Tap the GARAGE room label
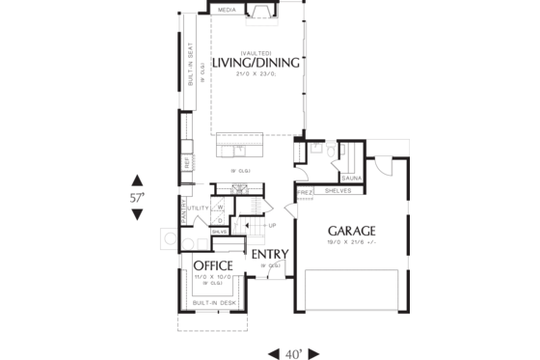(x=351, y=231)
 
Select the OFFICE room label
(x=212, y=265)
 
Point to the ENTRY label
(x=271, y=255)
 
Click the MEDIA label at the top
(x=227, y=10)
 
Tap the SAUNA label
(x=351, y=178)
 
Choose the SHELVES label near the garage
(x=337, y=191)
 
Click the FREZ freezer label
(x=305, y=191)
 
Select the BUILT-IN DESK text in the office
(x=213, y=303)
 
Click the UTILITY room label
(x=198, y=208)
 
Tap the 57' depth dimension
(x=137, y=197)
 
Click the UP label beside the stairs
(x=272, y=227)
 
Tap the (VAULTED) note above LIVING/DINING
(x=256, y=52)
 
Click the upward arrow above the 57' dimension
(x=137, y=180)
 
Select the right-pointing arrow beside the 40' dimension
(x=313, y=352)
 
